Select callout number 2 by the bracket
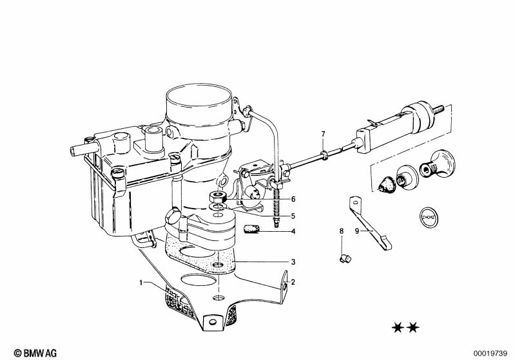click(293, 281)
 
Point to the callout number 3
click(293, 262)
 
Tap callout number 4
click(293, 231)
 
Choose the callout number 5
click(293, 216)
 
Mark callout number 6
click(293, 200)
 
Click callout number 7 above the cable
click(324, 134)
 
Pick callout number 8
click(342, 231)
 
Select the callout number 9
click(357, 231)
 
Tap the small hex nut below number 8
click(345, 258)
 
